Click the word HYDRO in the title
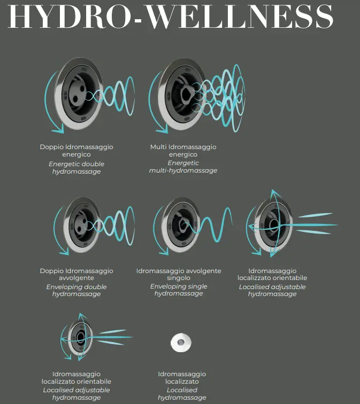70,16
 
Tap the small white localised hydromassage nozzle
181,343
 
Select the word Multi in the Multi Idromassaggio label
158,147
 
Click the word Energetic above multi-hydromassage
183,163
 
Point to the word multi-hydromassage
183,170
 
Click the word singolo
179,278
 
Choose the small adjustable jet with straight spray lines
80,338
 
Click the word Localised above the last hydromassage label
182,390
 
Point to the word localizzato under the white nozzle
182,382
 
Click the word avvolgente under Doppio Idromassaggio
76,278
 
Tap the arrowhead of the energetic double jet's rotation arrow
58,128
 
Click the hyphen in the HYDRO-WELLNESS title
139,20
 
